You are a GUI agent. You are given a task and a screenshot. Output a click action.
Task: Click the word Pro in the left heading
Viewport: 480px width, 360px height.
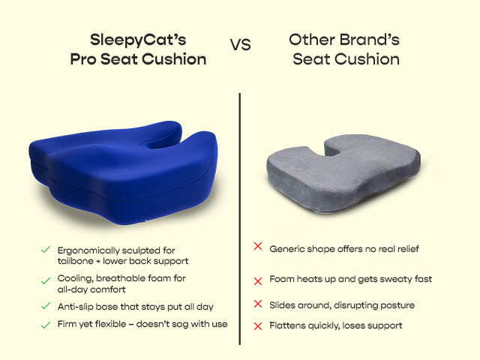click(x=85, y=59)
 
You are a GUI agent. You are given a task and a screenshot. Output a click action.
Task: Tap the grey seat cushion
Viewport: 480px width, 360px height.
click(x=342, y=173)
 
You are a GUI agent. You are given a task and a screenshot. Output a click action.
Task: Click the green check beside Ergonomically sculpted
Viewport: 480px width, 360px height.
click(x=46, y=249)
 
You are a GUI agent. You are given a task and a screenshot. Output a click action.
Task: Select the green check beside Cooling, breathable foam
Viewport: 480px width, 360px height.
click(x=46, y=279)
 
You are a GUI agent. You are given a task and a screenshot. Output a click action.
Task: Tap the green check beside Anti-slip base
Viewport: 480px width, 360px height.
click(x=46, y=306)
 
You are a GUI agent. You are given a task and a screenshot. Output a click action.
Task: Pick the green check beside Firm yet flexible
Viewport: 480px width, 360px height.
click(x=46, y=324)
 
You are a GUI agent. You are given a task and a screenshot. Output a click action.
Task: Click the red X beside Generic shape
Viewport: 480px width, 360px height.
click(x=258, y=247)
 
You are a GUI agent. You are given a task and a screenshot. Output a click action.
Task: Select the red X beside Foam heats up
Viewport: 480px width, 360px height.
click(x=258, y=280)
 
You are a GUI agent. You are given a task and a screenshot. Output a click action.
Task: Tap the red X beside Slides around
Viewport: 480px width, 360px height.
click(x=258, y=304)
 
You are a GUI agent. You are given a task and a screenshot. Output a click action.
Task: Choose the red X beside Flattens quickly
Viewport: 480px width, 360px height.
click(x=258, y=325)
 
